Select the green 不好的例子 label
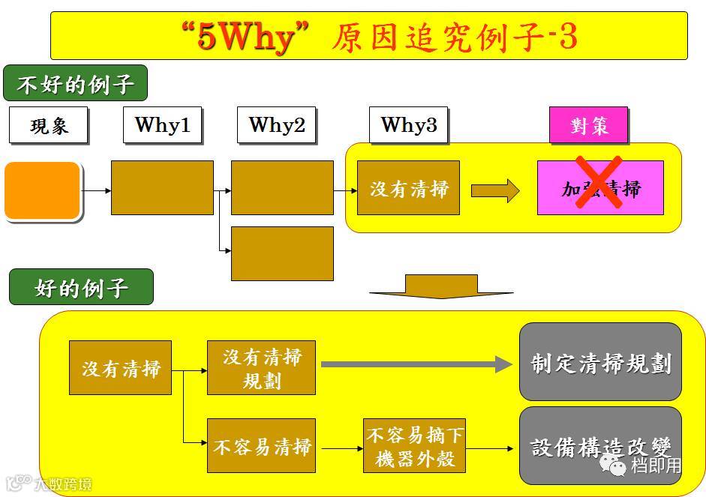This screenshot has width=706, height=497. coord(75,83)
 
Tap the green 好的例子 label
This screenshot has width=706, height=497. coord(81,287)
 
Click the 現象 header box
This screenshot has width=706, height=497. coord(49,125)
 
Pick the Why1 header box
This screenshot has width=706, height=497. coord(162,124)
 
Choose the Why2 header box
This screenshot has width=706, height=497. coord(276,124)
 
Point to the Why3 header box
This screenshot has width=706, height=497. coord(408,124)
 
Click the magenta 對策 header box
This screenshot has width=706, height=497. coord(588,125)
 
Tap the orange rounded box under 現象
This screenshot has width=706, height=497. coord(43,190)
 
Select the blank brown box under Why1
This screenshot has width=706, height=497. coord(162,187)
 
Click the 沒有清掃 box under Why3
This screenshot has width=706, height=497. coord(408,188)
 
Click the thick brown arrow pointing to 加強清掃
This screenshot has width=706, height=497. coord(495,190)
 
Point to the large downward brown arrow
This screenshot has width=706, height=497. coord(441,286)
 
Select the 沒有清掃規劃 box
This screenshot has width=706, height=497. coord(261,367)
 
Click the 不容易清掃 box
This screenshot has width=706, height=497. coord(261,447)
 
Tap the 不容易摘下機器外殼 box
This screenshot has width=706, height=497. coord(414,446)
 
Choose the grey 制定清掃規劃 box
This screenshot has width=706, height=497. coord(600,363)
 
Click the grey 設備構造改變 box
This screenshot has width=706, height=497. coord(600,446)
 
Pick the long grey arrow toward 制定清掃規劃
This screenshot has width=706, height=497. coord(416,364)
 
